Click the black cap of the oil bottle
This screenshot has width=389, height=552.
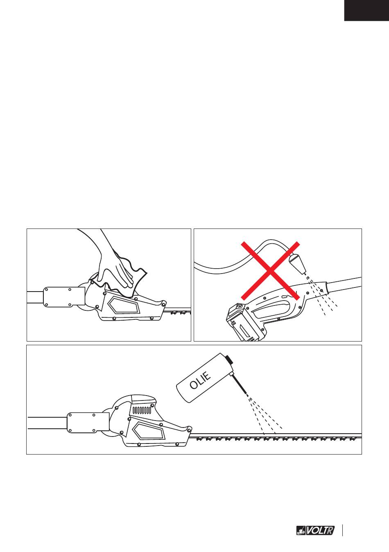point(230,360)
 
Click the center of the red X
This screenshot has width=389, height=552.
point(270,271)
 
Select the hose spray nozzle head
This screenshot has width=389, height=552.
point(297,263)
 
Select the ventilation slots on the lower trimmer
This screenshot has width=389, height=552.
point(142,410)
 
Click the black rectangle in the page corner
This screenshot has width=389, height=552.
point(366,10)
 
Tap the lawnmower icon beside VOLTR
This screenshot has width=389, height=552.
point(301,529)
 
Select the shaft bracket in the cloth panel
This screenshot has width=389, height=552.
point(64,297)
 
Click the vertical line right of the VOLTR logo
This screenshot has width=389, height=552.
point(342,528)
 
